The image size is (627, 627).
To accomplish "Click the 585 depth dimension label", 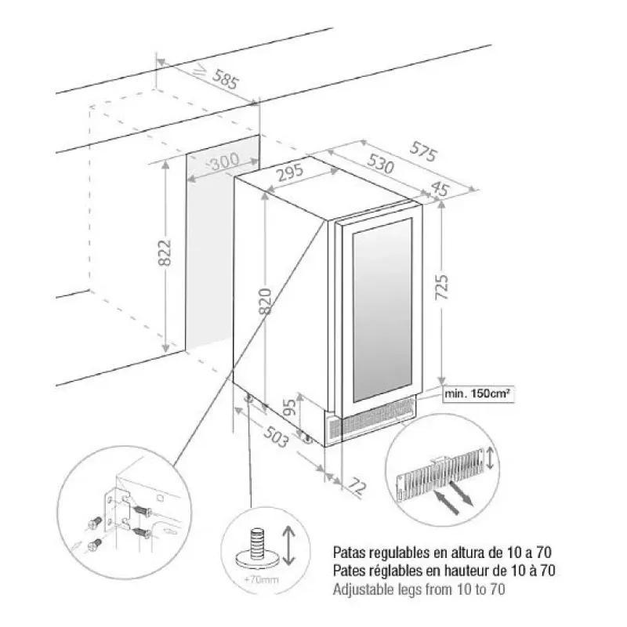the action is [225, 79].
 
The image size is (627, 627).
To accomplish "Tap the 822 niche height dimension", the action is [165, 252].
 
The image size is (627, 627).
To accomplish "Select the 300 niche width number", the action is [224, 161].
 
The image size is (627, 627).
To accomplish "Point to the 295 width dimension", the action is [291, 172].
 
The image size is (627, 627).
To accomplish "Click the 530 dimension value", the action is [380, 164].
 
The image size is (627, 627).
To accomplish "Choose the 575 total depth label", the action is [423, 151].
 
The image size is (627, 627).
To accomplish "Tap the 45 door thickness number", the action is [440, 188].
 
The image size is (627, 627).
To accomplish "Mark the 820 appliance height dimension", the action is [265, 300].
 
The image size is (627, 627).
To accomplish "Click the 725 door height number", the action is [442, 287].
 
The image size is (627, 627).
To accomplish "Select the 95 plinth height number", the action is [292, 407].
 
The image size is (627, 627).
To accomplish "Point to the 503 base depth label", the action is [275, 437].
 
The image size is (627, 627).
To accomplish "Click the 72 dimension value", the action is [357, 486].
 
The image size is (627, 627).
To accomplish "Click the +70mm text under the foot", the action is [261, 579].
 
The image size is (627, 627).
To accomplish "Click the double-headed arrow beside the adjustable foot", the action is [288, 545].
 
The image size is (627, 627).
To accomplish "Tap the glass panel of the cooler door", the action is [382, 310].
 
